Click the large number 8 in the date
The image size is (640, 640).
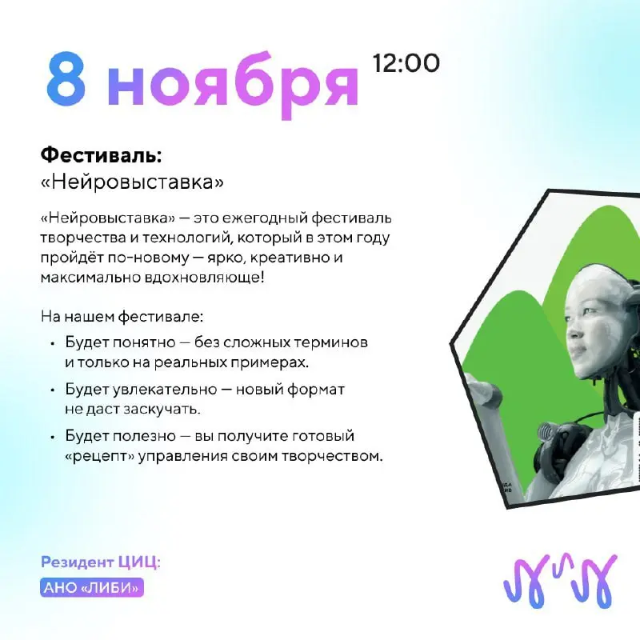click(x=66, y=82)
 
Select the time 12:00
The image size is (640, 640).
click(x=406, y=63)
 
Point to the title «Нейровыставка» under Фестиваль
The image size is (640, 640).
click(x=132, y=182)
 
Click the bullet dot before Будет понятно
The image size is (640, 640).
click(x=53, y=343)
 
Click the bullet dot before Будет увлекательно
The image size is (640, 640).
click(x=53, y=390)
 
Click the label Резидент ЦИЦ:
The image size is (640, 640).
click(x=100, y=562)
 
